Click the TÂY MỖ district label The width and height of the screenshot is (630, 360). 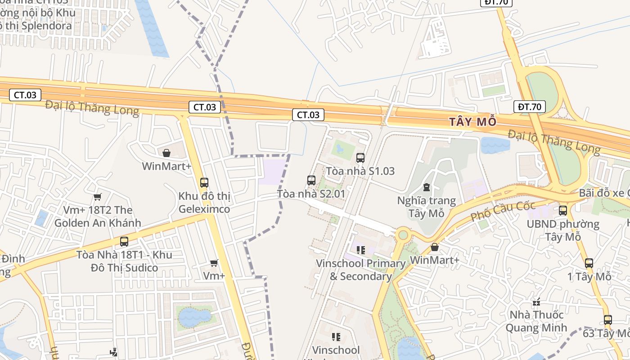[x=472, y=122]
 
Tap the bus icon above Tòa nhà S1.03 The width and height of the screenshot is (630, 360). [x=360, y=158]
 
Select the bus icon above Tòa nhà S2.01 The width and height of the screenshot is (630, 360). [x=311, y=180]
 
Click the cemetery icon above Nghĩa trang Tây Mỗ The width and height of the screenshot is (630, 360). [x=427, y=187]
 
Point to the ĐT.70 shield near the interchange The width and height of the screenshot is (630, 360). [x=529, y=107]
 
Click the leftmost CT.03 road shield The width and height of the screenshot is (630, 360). [x=25, y=94]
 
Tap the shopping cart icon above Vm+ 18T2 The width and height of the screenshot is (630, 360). [x=97, y=197]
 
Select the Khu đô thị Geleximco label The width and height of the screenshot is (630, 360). [x=204, y=203]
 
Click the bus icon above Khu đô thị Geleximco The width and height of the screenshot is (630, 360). [x=204, y=183]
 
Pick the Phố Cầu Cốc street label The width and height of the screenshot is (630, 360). [x=503, y=211]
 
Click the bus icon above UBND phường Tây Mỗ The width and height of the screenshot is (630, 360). [x=562, y=210]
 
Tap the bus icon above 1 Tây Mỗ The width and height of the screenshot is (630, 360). [x=589, y=263]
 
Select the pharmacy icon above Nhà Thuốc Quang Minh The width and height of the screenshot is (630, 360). [x=536, y=301]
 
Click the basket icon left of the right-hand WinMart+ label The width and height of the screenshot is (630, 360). [x=435, y=247]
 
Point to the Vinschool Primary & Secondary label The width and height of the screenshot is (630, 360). [x=360, y=270]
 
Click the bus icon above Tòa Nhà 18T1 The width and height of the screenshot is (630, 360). [x=124, y=241]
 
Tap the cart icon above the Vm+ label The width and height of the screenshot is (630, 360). [x=214, y=262]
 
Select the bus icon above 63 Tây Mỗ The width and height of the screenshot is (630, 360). [x=607, y=320]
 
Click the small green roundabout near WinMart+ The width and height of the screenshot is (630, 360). [x=402, y=234]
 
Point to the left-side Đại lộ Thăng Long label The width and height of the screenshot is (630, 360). [x=92, y=108]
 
